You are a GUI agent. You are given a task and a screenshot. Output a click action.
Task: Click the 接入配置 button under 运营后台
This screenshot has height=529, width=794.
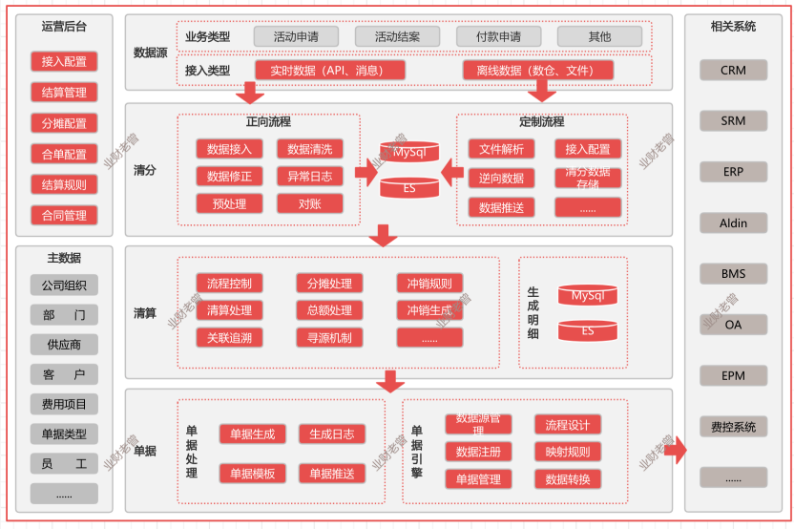(x=64, y=62)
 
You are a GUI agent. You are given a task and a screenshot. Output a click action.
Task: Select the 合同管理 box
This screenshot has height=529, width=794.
(x=64, y=216)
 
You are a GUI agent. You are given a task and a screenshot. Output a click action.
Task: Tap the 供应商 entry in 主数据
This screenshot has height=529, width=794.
(x=64, y=345)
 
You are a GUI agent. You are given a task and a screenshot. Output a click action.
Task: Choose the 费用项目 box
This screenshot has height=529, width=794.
(x=64, y=404)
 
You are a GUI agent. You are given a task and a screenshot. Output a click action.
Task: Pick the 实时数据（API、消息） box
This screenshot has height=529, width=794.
(x=330, y=71)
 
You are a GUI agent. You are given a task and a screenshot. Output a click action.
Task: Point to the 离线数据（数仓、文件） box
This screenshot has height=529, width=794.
(x=538, y=71)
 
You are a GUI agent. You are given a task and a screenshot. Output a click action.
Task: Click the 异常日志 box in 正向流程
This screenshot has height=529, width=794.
(x=309, y=177)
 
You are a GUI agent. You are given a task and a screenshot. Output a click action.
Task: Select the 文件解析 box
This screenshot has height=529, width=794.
(x=501, y=150)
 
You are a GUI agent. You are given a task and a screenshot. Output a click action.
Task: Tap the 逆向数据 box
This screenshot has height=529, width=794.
(x=501, y=179)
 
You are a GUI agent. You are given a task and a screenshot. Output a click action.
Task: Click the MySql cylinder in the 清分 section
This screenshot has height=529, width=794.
(x=409, y=152)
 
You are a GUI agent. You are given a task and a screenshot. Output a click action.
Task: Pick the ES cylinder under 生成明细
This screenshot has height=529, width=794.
(x=588, y=331)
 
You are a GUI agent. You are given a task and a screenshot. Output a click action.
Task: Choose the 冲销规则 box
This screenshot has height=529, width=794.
(x=429, y=284)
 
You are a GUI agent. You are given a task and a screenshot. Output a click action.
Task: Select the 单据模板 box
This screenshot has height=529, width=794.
(x=252, y=474)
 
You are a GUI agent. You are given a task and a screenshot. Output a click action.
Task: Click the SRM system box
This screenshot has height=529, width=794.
(x=733, y=121)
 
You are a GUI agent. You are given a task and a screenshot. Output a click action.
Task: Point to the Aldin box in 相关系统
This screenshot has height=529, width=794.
(x=733, y=223)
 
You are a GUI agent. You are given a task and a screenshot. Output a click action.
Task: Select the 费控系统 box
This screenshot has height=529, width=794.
(x=733, y=427)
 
